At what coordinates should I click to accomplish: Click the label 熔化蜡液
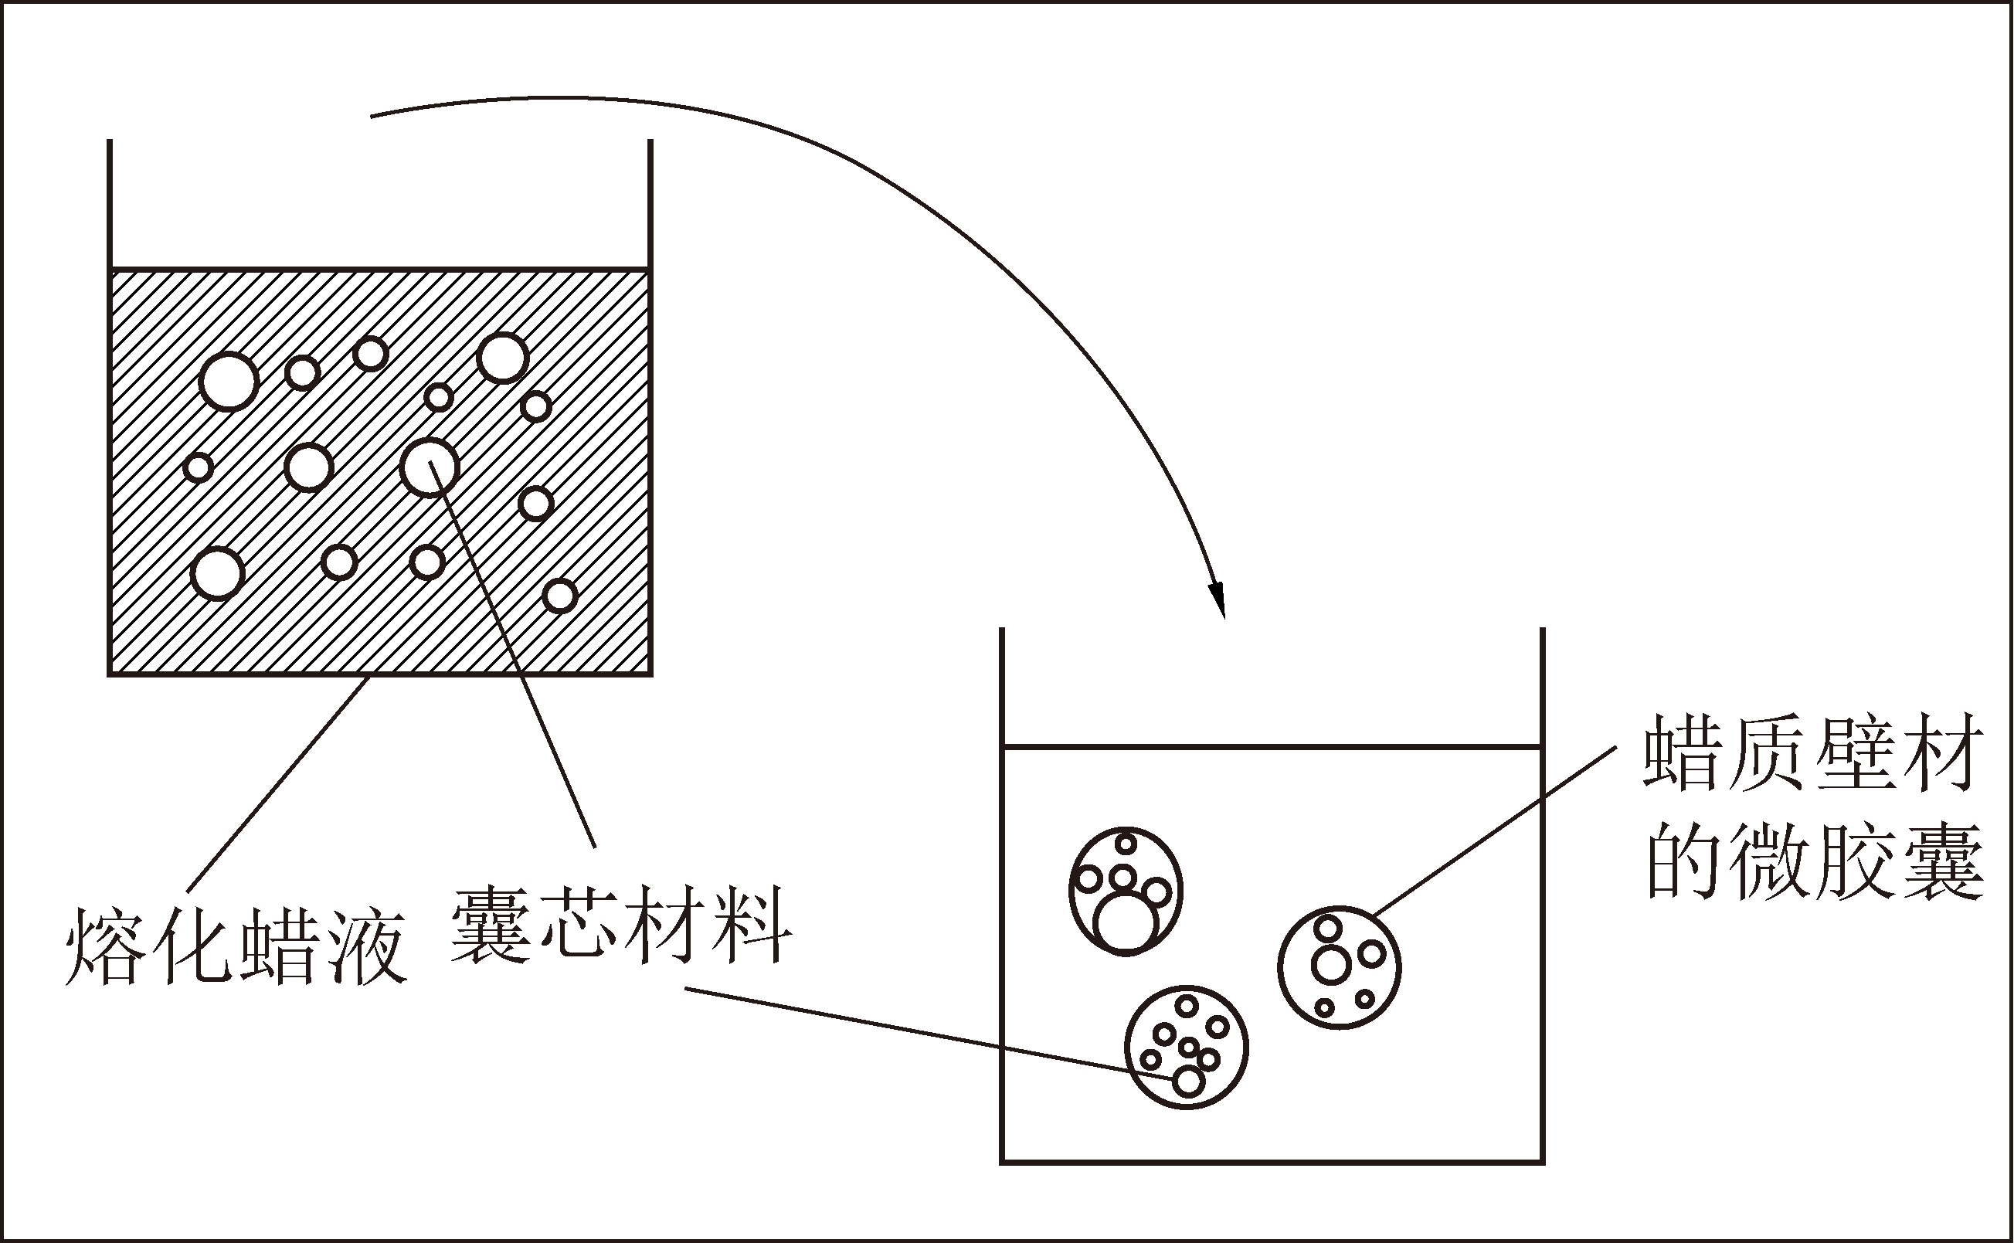tap(236, 946)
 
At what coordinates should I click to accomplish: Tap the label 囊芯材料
tap(620, 924)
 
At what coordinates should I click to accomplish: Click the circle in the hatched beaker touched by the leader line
tap(429, 467)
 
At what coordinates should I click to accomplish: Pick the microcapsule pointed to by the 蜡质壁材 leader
tap(1339, 968)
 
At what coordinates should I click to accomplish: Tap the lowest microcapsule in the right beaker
tap(1186, 1048)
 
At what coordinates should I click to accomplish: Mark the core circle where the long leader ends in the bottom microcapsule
tap(1188, 1081)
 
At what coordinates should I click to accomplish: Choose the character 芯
tap(579, 924)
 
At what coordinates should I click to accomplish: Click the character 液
tap(370, 946)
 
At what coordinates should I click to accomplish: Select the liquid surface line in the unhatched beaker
tap(1271, 748)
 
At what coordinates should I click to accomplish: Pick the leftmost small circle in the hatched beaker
tap(198, 468)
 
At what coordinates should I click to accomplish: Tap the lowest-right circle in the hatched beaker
tap(560, 595)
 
